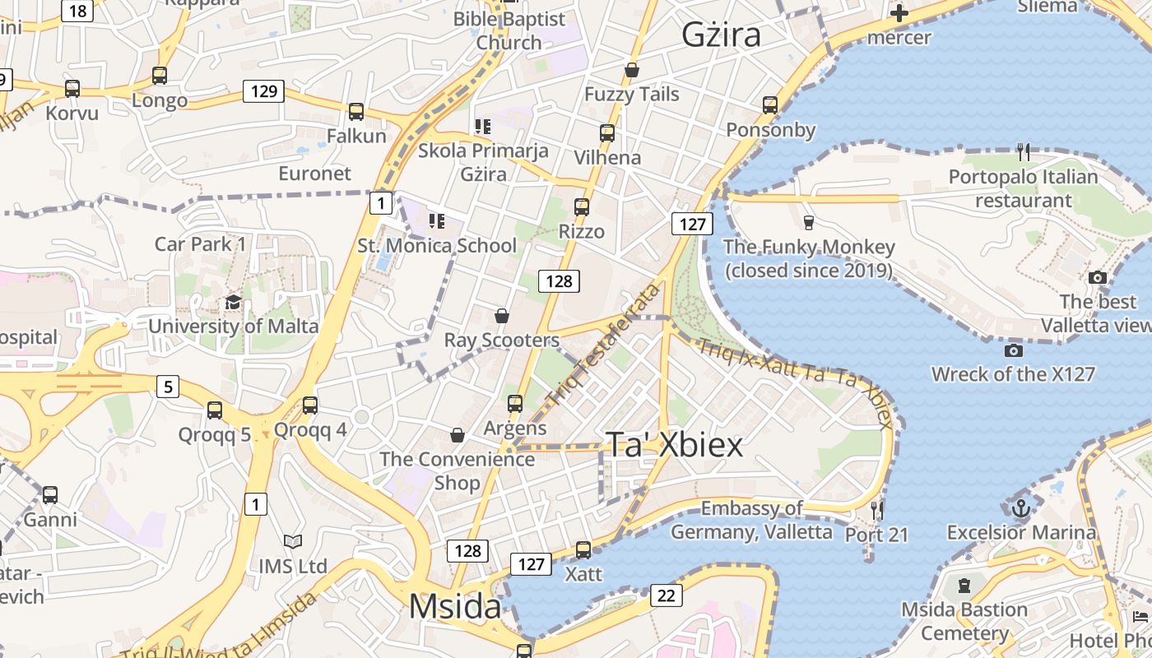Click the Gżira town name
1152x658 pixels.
(x=721, y=35)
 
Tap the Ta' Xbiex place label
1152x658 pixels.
(x=674, y=444)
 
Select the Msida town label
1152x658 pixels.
(x=454, y=607)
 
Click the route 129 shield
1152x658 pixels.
(x=263, y=90)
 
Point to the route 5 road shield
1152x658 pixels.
(x=168, y=385)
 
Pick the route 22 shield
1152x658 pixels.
(x=666, y=595)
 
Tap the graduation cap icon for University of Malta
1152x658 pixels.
(x=233, y=302)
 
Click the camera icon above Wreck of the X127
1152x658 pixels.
(x=1014, y=350)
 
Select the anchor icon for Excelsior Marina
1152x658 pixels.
(x=1020, y=507)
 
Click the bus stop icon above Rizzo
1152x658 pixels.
(x=582, y=206)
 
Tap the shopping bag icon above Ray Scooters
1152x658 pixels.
(x=501, y=316)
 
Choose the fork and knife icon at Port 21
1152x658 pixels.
(x=876, y=510)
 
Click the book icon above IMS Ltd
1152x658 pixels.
(x=293, y=541)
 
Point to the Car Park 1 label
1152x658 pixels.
(x=200, y=243)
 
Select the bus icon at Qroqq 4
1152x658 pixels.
(x=310, y=405)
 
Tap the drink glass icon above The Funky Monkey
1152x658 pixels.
(x=808, y=222)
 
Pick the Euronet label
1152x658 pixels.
(x=314, y=174)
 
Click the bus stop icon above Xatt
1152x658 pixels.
(x=583, y=549)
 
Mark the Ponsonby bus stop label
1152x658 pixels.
(x=770, y=130)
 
